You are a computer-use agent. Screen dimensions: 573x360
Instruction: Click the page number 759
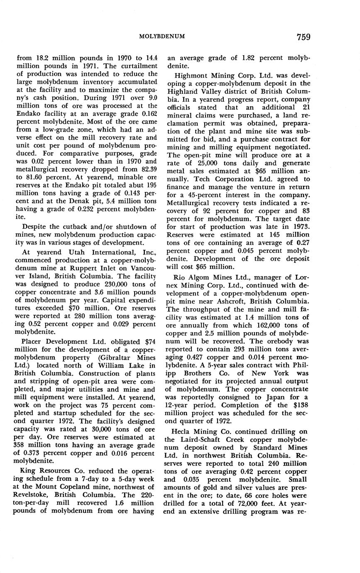(304, 37)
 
